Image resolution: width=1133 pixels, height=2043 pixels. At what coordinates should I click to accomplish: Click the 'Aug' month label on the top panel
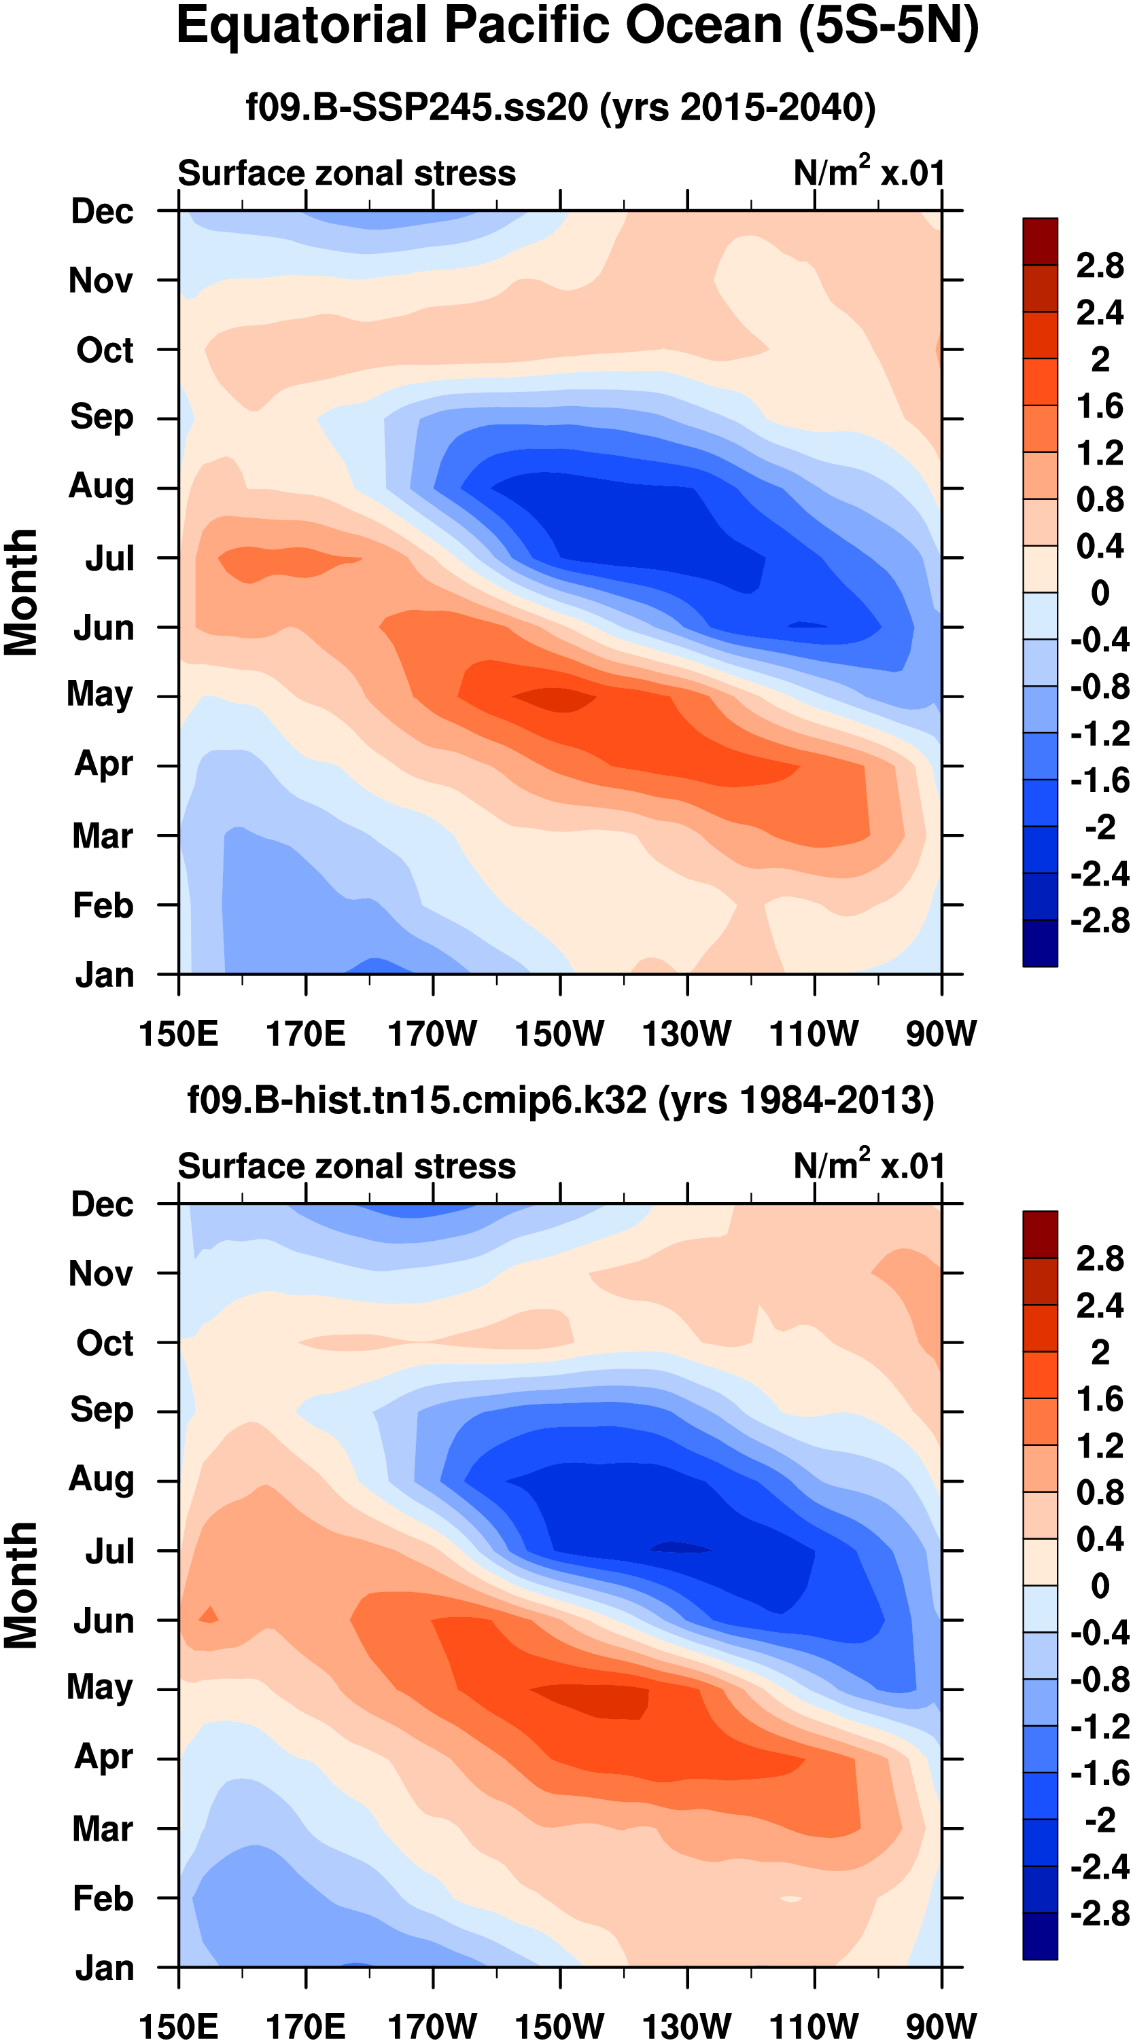(101, 486)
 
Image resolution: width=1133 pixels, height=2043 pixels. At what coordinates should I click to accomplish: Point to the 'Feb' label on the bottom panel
(103, 1898)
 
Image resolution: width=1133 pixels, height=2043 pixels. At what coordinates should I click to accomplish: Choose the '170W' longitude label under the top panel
(432, 1034)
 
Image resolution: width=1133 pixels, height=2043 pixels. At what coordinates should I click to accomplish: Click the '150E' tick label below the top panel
(179, 1034)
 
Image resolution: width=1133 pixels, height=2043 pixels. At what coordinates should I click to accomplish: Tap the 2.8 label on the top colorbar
(1100, 266)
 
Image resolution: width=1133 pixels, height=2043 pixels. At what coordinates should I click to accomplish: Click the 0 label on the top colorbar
(1100, 592)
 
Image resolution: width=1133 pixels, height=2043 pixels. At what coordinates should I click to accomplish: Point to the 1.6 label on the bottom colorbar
(1100, 1400)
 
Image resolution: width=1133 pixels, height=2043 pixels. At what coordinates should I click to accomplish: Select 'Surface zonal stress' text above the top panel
(347, 173)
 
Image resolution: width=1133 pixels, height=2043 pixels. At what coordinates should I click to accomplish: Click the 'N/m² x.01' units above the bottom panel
(869, 1166)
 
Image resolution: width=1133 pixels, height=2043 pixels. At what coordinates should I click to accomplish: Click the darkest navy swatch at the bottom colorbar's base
(1040, 1937)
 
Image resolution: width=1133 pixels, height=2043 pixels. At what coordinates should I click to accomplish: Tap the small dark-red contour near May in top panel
(555, 699)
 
